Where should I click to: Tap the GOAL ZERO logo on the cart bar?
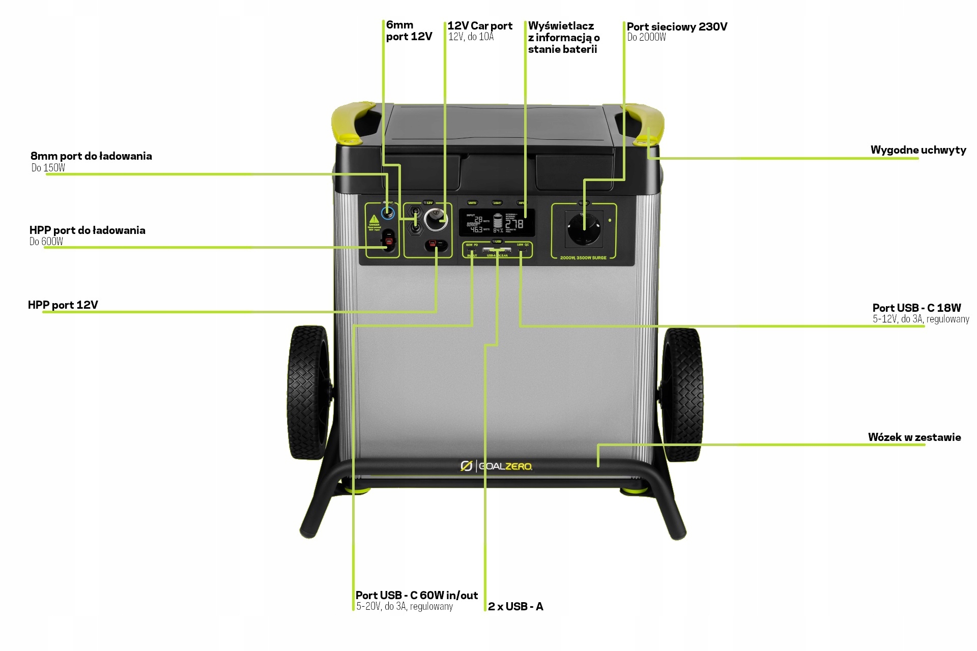coord(496,466)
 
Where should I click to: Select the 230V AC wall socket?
coord(584,229)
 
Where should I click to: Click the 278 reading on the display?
coord(514,224)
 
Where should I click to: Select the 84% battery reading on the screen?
coord(498,230)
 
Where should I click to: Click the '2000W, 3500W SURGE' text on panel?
coord(583,258)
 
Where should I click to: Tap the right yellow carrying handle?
coord(643,122)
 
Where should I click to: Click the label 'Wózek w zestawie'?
coord(914,437)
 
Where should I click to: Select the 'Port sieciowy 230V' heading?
coord(677,26)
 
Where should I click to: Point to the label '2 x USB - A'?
coord(515,606)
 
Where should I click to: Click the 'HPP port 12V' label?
coord(63,305)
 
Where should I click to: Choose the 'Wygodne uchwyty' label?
coord(917,150)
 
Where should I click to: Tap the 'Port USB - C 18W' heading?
coord(916,308)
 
